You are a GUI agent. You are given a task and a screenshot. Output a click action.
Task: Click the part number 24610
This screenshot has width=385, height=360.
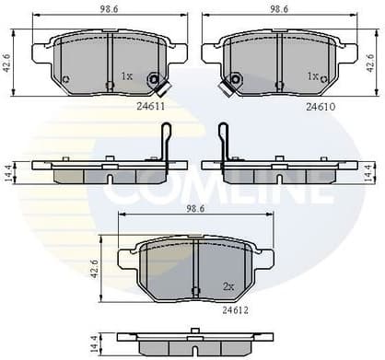pos(320,107)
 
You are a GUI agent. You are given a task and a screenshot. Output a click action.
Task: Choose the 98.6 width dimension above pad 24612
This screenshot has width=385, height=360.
pos(197,211)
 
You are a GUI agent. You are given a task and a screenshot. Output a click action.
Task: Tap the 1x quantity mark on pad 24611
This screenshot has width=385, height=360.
pos(127,76)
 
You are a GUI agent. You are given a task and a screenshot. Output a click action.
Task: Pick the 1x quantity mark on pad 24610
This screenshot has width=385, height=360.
pos(313,76)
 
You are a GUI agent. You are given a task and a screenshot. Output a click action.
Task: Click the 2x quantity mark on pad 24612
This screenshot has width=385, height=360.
pos(227,286)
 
